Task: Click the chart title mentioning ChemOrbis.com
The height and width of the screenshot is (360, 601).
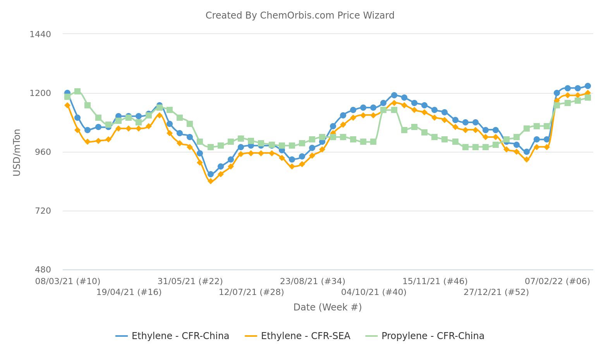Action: pyautogui.click(x=300, y=15)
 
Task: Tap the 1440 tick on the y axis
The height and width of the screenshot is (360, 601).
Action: pyautogui.click(x=40, y=34)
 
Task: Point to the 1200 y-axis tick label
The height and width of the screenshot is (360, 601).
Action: pyautogui.click(x=40, y=93)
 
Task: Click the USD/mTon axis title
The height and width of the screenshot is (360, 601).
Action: pyautogui.click(x=17, y=153)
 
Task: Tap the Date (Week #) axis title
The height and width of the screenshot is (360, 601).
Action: pyautogui.click(x=327, y=307)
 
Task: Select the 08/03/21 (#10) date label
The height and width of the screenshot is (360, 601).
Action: pyautogui.click(x=68, y=281)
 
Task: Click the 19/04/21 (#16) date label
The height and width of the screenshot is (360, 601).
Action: pyautogui.click(x=129, y=292)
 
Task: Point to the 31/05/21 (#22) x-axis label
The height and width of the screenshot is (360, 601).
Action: pyautogui.click(x=190, y=281)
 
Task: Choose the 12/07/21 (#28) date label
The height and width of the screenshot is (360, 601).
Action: pyautogui.click(x=251, y=292)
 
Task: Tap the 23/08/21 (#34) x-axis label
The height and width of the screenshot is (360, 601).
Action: pyautogui.click(x=313, y=281)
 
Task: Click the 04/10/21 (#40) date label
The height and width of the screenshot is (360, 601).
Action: pyautogui.click(x=374, y=292)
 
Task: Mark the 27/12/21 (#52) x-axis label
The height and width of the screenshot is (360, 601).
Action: pyautogui.click(x=496, y=292)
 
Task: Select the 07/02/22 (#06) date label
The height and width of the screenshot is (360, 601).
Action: pyautogui.click(x=557, y=281)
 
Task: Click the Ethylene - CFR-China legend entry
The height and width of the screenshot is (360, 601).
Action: pyautogui.click(x=173, y=336)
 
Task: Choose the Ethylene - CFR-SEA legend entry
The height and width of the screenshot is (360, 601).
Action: pyautogui.click(x=298, y=336)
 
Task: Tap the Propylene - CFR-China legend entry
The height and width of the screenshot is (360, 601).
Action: pyautogui.click(x=425, y=336)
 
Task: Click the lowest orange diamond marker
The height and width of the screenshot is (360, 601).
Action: pyautogui.click(x=210, y=181)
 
